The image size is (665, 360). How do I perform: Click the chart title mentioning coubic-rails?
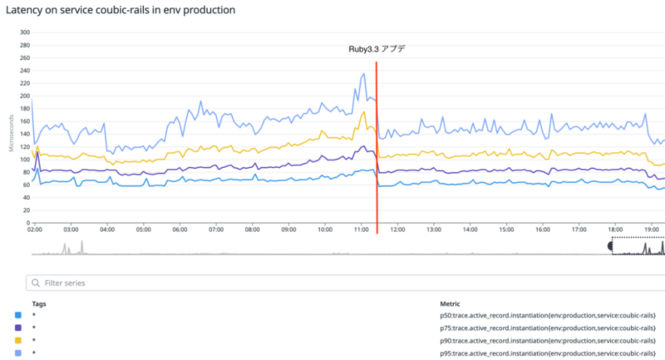(120, 10)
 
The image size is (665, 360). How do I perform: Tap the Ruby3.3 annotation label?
(376, 49)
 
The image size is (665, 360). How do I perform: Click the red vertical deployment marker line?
(376, 153)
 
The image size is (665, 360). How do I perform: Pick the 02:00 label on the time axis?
(35, 230)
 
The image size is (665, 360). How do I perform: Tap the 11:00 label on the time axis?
(361, 230)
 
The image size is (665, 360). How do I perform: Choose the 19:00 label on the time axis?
(651, 230)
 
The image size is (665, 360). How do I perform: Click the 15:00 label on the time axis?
(506, 230)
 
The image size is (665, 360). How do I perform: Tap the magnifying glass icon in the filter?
(36, 283)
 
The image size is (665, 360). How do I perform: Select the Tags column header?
(39, 304)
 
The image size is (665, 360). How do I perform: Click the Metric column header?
(450, 304)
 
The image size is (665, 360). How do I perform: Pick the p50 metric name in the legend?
(548, 315)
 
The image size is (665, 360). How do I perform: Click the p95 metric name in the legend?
(548, 353)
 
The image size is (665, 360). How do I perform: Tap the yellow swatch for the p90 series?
(18, 340)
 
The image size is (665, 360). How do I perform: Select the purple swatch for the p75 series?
(18, 327)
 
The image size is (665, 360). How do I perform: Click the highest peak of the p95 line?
(364, 74)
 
